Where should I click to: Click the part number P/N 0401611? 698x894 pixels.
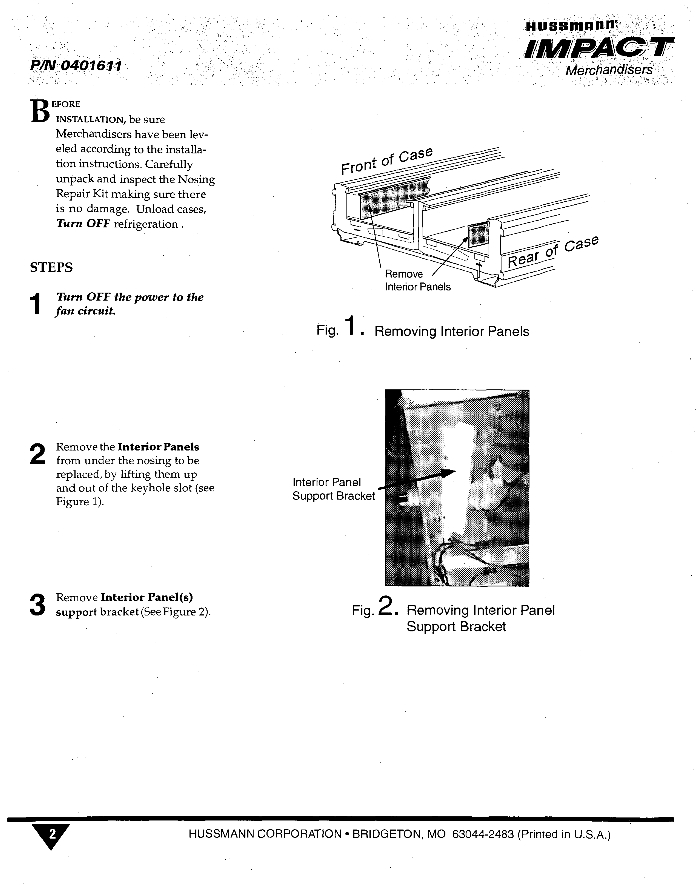pyautogui.click(x=76, y=65)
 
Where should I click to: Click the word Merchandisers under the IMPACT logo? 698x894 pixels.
pyautogui.click(x=609, y=70)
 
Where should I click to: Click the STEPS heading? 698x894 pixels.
pyautogui.click(x=51, y=267)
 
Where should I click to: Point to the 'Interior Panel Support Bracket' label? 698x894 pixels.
pyautogui.click(x=333, y=489)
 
